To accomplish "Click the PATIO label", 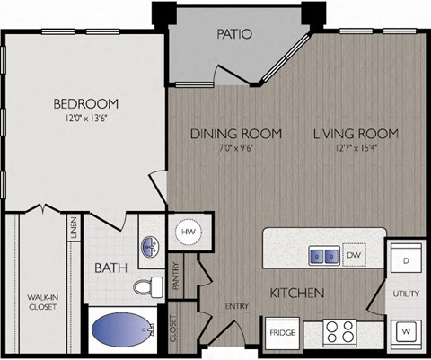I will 234,35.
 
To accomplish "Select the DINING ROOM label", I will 235,134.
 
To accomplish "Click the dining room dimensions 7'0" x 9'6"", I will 235,149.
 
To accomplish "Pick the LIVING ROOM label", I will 356,134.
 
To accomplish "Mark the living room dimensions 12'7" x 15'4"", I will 356,149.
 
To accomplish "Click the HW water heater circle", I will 189,232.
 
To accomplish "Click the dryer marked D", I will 405,260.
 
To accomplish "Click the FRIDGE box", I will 282,333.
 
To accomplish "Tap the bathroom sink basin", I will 148,244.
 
